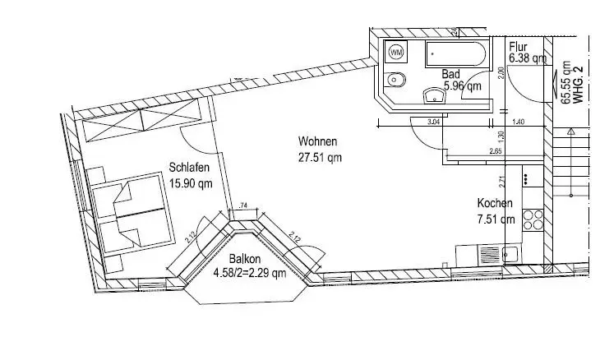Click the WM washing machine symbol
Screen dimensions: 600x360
[x=396, y=53]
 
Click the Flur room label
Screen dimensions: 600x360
[x=518, y=47]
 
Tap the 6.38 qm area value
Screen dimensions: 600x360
[x=527, y=58]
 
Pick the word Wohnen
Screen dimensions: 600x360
[x=318, y=140]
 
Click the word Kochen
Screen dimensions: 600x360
[x=496, y=204]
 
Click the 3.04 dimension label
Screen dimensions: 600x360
[x=433, y=122]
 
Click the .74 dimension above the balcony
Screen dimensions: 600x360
[x=242, y=206]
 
